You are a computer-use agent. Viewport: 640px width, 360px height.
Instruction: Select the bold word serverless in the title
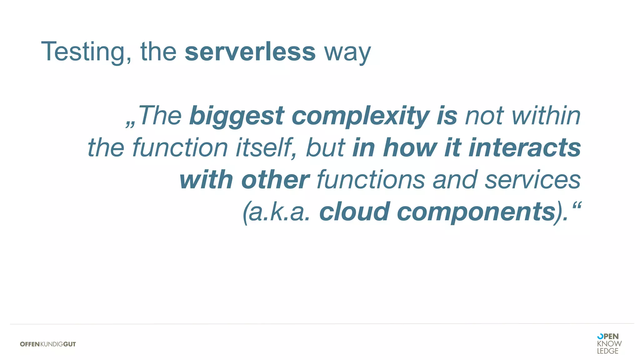pyautogui.click(x=250, y=52)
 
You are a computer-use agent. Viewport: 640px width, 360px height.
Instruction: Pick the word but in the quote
pyautogui.click(x=325, y=147)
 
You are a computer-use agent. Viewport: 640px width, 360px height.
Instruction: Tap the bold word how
pyautogui.click(x=410, y=147)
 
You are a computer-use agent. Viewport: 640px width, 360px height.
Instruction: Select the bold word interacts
pyautogui.click(x=525, y=147)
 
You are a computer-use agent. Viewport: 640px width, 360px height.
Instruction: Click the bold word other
pyautogui.click(x=275, y=180)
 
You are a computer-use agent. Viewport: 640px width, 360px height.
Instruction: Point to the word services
pyautogui.click(x=532, y=180)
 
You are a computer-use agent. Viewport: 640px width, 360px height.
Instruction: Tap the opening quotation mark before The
pyautogui.click(x=130, y=124)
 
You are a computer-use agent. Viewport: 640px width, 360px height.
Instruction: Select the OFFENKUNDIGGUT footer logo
pyautogui.click(x=48, y=344)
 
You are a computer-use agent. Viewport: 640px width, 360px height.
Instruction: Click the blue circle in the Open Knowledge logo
pyautogui.click(x=600, y=336)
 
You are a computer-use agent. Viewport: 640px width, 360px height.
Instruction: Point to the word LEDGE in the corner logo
pyautogui.click(x=607, y=351)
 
